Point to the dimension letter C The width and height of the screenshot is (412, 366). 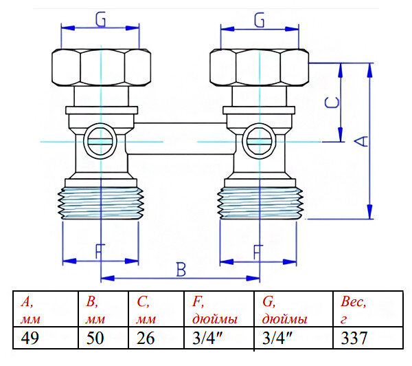332,103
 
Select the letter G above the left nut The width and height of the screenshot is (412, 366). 100,21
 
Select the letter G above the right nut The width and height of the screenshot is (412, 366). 259,21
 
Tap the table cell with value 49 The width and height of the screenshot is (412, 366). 30,338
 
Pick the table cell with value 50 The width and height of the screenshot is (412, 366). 95,338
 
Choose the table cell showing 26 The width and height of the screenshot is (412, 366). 146,338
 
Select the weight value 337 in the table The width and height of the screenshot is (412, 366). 354,338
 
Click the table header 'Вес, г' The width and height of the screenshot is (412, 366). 354,310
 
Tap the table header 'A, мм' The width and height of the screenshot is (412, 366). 30,310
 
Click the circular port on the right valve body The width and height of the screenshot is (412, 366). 257,142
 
